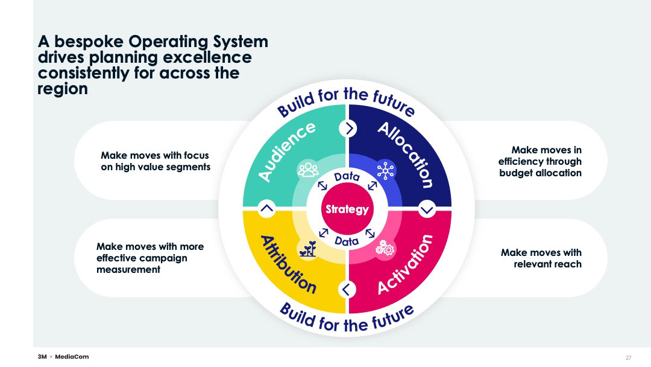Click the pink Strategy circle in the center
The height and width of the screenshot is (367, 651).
pos(347,209)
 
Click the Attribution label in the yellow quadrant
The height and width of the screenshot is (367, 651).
pos(288,264)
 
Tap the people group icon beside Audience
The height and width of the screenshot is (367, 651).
pos(308,170)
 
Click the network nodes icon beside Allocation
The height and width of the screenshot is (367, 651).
pos(385,170)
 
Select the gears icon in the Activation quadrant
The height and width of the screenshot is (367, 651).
pos(385,247)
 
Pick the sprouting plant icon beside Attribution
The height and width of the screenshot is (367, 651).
pos(308,249)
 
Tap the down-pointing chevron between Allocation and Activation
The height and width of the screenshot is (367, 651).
pos(427,209)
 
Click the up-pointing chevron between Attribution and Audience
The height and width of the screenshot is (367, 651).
pos(266,209)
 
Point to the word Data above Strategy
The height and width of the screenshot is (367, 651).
pos(347,177)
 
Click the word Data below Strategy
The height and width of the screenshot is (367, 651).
pos(347,241)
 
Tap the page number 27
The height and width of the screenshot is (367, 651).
pos(628,357)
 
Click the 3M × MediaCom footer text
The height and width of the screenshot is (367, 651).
pos(63,357)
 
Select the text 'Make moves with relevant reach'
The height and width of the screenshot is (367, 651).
pos(541,258)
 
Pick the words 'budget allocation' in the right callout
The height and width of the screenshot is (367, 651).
pos(540,173)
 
